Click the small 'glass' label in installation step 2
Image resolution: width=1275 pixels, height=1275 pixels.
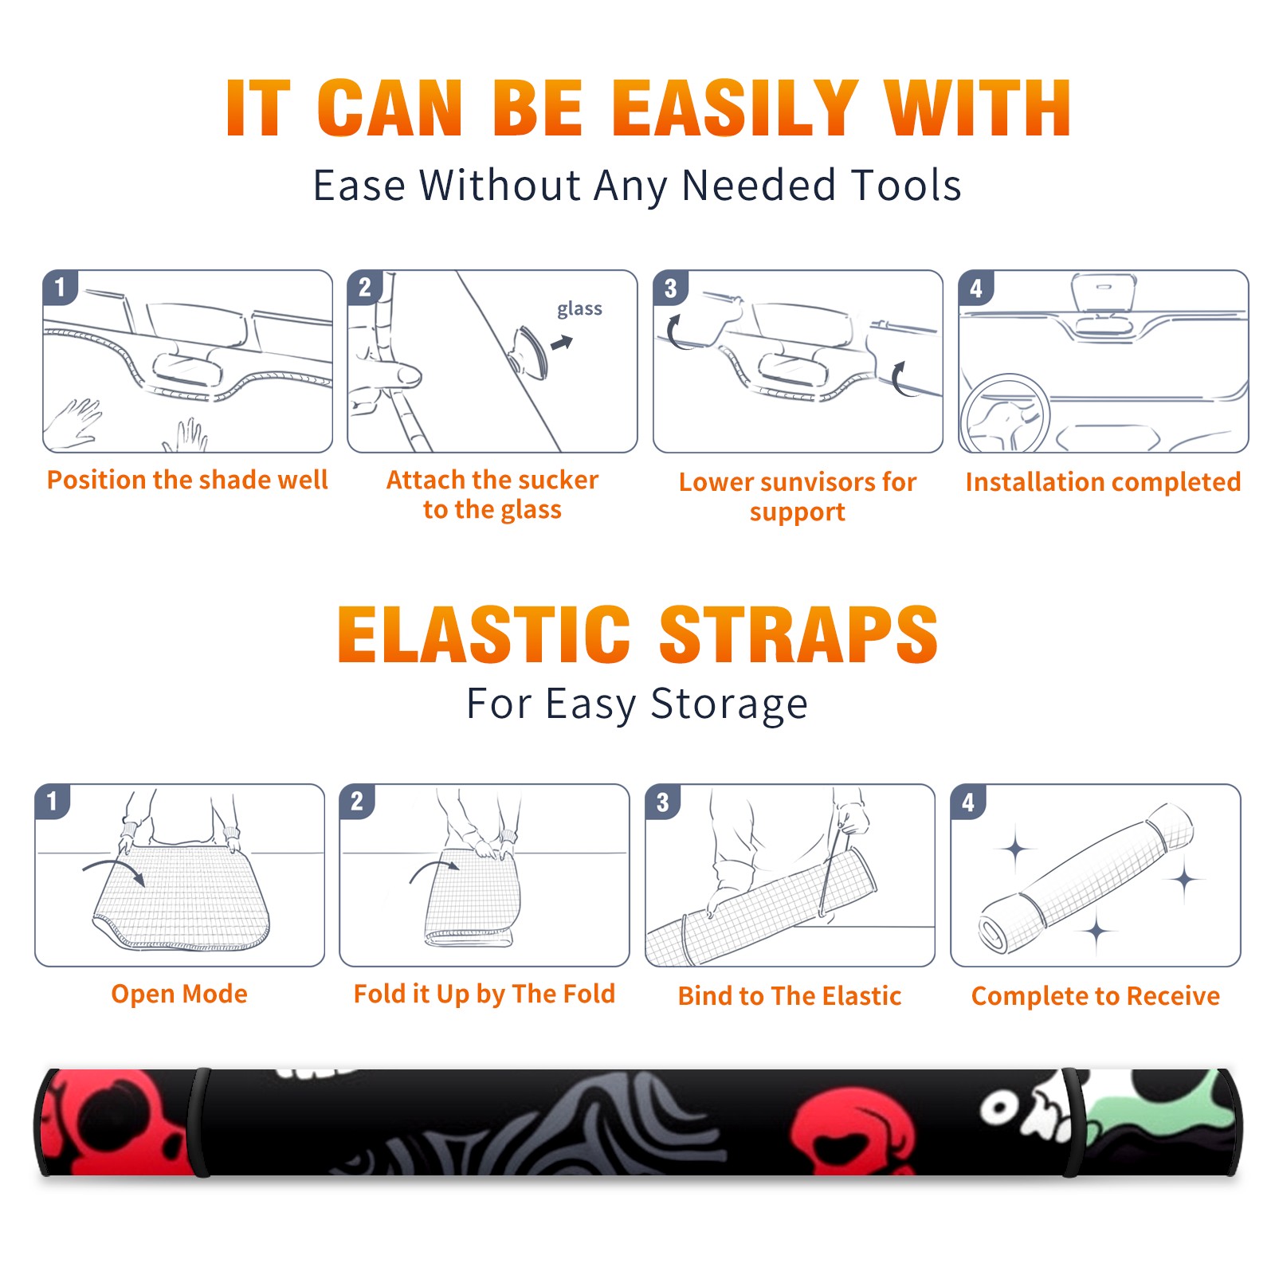(x=579, y=309)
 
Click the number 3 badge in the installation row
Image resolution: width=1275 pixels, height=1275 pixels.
(x=670, y=288)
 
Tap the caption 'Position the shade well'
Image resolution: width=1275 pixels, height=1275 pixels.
(x=187, y=480)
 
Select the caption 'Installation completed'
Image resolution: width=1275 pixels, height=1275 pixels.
(x=1103, y=482)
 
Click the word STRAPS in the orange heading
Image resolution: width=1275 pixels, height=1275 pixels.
(x=798, y=634)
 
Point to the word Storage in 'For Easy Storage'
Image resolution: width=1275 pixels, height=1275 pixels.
(x=729, y=704)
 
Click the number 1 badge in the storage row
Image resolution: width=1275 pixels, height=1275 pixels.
(x=53, y=801)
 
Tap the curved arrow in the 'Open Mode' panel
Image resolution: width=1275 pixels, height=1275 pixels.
(x=114, y=870)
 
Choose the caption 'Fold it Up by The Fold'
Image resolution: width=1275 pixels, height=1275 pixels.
(x=484, y=994)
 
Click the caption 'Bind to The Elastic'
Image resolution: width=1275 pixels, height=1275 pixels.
(x=790, y=996)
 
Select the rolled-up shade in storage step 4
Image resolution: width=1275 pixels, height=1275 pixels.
(x=1086, y=878)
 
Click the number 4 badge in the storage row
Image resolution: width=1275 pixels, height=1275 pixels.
(x=968, y=802)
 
